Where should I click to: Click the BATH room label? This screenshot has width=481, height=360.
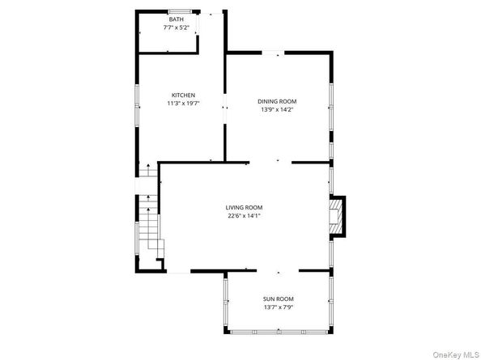coord(176,19)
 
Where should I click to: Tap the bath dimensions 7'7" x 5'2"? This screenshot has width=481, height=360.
coord(176,28)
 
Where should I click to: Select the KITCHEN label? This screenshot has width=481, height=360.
coord(183,95)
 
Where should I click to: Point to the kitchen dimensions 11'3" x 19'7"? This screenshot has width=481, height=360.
coord(183,104)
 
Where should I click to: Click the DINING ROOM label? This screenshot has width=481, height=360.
coord(276,101)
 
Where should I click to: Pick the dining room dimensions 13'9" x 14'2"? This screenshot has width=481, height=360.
coord(276,110)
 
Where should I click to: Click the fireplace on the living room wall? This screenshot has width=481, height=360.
coord(335,217)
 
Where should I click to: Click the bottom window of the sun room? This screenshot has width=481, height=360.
coord(280,331)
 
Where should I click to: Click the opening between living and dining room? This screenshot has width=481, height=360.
coord(270,162)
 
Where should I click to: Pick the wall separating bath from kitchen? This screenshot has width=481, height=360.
coord(168,53)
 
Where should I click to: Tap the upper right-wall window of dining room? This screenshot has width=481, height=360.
coord(331,97)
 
